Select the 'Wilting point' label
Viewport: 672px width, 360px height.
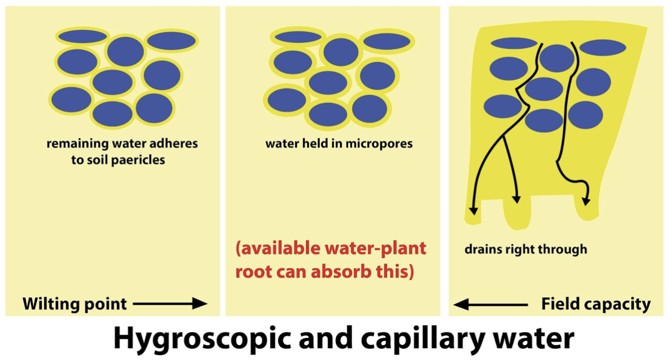pyautogui.click(x=74, y=304)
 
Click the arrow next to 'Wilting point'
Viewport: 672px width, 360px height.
pyautogui.click(x=170, y=304)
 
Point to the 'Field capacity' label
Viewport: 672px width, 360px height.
pyautogui.click(x=596, y=304)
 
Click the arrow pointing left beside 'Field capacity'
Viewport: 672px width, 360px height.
pyautogui.click(x=491, y=304)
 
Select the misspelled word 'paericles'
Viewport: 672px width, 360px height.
pyautogui.click(x=138, y=160)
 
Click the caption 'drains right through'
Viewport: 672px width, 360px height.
pyautogui.click(x=525, y=249)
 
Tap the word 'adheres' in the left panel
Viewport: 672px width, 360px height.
pyautogui.click(x=175, y=144)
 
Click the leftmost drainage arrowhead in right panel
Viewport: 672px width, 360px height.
pyautogui.click(x=473, y=210)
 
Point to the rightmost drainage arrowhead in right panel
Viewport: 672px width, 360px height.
pyautogui.click(x=586, y=201)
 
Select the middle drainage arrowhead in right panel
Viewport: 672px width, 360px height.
pyautogui.click(x=516, y=199)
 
